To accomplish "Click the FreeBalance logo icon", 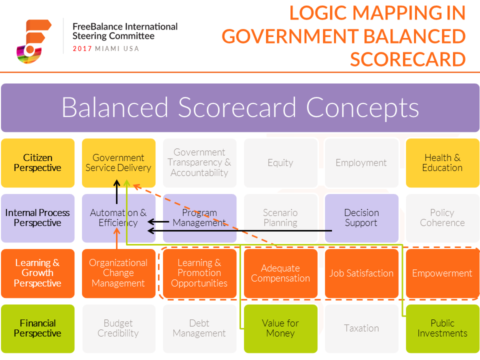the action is tap(33, 41).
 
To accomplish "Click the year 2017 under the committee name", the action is tap(82, 48).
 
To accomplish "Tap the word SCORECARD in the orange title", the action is tap(408, 59).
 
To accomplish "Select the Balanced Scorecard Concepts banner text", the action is tap(240, 107).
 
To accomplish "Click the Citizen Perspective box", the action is tap(37, 163).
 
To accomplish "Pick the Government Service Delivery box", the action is tap(119, 163).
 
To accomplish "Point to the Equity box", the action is tap(280, 163).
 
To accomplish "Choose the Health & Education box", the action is tap(442, 163).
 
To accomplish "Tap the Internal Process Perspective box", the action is tap(37, 218).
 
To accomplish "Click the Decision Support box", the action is tap(361, 218).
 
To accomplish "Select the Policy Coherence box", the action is tap(442, 218).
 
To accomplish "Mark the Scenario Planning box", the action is tap(280, 218).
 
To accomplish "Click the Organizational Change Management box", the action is tap(119, 273).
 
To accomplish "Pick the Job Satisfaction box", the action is tap(361, 273).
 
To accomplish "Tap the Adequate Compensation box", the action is tap(280, 273).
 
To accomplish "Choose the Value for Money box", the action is tap(280, 329).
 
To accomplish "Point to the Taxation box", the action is tap(361, 329).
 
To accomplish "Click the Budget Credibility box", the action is tap(119, 329).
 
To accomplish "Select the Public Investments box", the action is tap(442, 329).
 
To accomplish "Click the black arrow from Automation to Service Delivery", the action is tap(116, 192).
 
